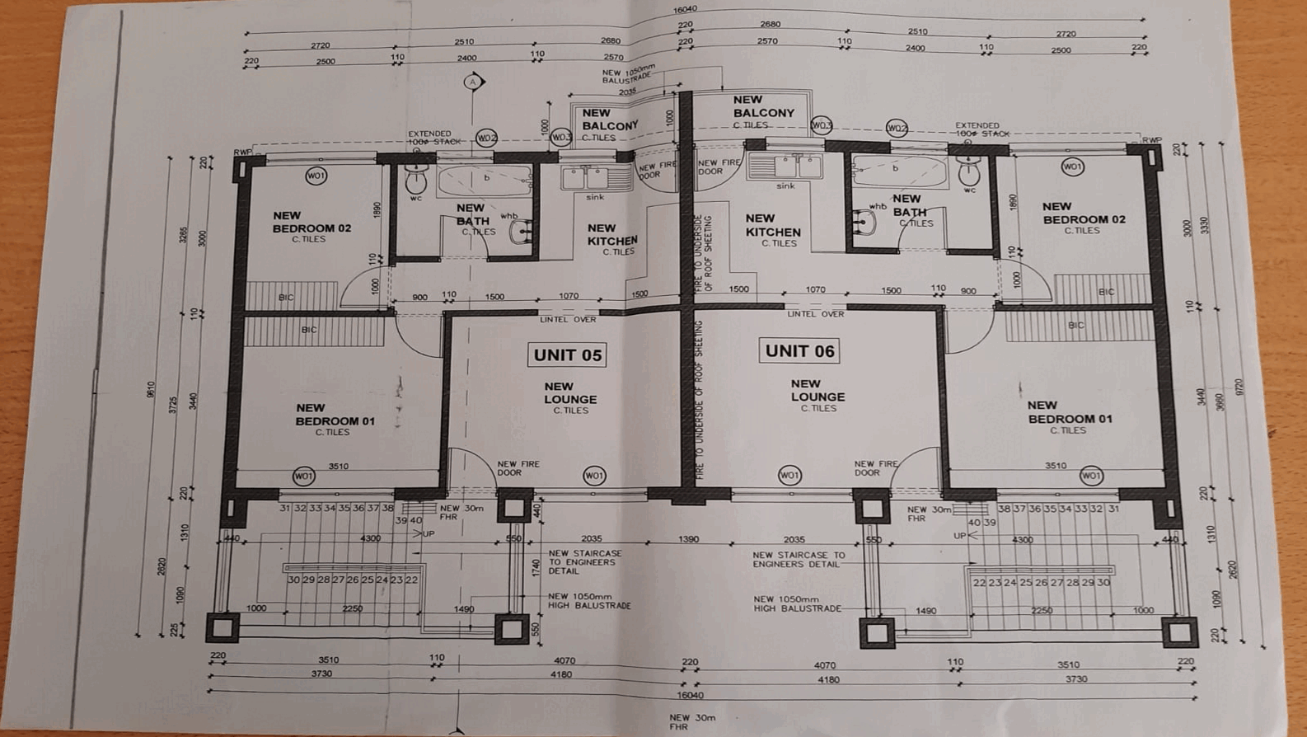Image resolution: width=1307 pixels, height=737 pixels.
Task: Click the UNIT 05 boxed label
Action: pos(567,355)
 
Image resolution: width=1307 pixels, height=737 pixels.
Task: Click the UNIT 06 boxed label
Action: pos(799,351)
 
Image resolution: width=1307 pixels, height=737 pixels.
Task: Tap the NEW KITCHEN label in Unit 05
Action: pos(611,235)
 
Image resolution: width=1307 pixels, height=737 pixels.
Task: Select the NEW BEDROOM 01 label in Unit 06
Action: pos(1068,413)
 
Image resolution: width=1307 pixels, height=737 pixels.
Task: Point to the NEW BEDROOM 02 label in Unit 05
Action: pos(312,223)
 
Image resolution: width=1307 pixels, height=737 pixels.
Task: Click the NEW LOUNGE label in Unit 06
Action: pos(817,391)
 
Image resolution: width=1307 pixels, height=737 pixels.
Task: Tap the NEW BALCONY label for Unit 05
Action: pos(610,120)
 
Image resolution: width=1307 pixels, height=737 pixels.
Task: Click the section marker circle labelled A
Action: pos(473,82)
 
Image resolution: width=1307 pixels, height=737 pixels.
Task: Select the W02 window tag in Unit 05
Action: pos(487,138)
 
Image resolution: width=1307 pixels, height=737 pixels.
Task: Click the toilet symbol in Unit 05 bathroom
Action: pos(416,179)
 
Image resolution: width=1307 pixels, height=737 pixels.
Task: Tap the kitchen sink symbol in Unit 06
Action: pos(784,167)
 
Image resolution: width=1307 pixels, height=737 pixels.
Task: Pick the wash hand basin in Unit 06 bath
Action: pos(863,221)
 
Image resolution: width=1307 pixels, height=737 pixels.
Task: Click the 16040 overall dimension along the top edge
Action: pos(685,10)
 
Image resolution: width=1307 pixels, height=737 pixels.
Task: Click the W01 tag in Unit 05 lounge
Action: pos(594,475)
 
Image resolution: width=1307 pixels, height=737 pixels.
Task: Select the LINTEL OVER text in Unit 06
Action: pos(815,314)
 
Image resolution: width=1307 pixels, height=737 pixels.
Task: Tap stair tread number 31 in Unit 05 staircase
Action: pos(285,509)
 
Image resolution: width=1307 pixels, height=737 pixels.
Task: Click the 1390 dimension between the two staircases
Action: pos(688,539)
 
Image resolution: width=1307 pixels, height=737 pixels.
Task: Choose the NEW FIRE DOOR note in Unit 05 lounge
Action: pos(518,468)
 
